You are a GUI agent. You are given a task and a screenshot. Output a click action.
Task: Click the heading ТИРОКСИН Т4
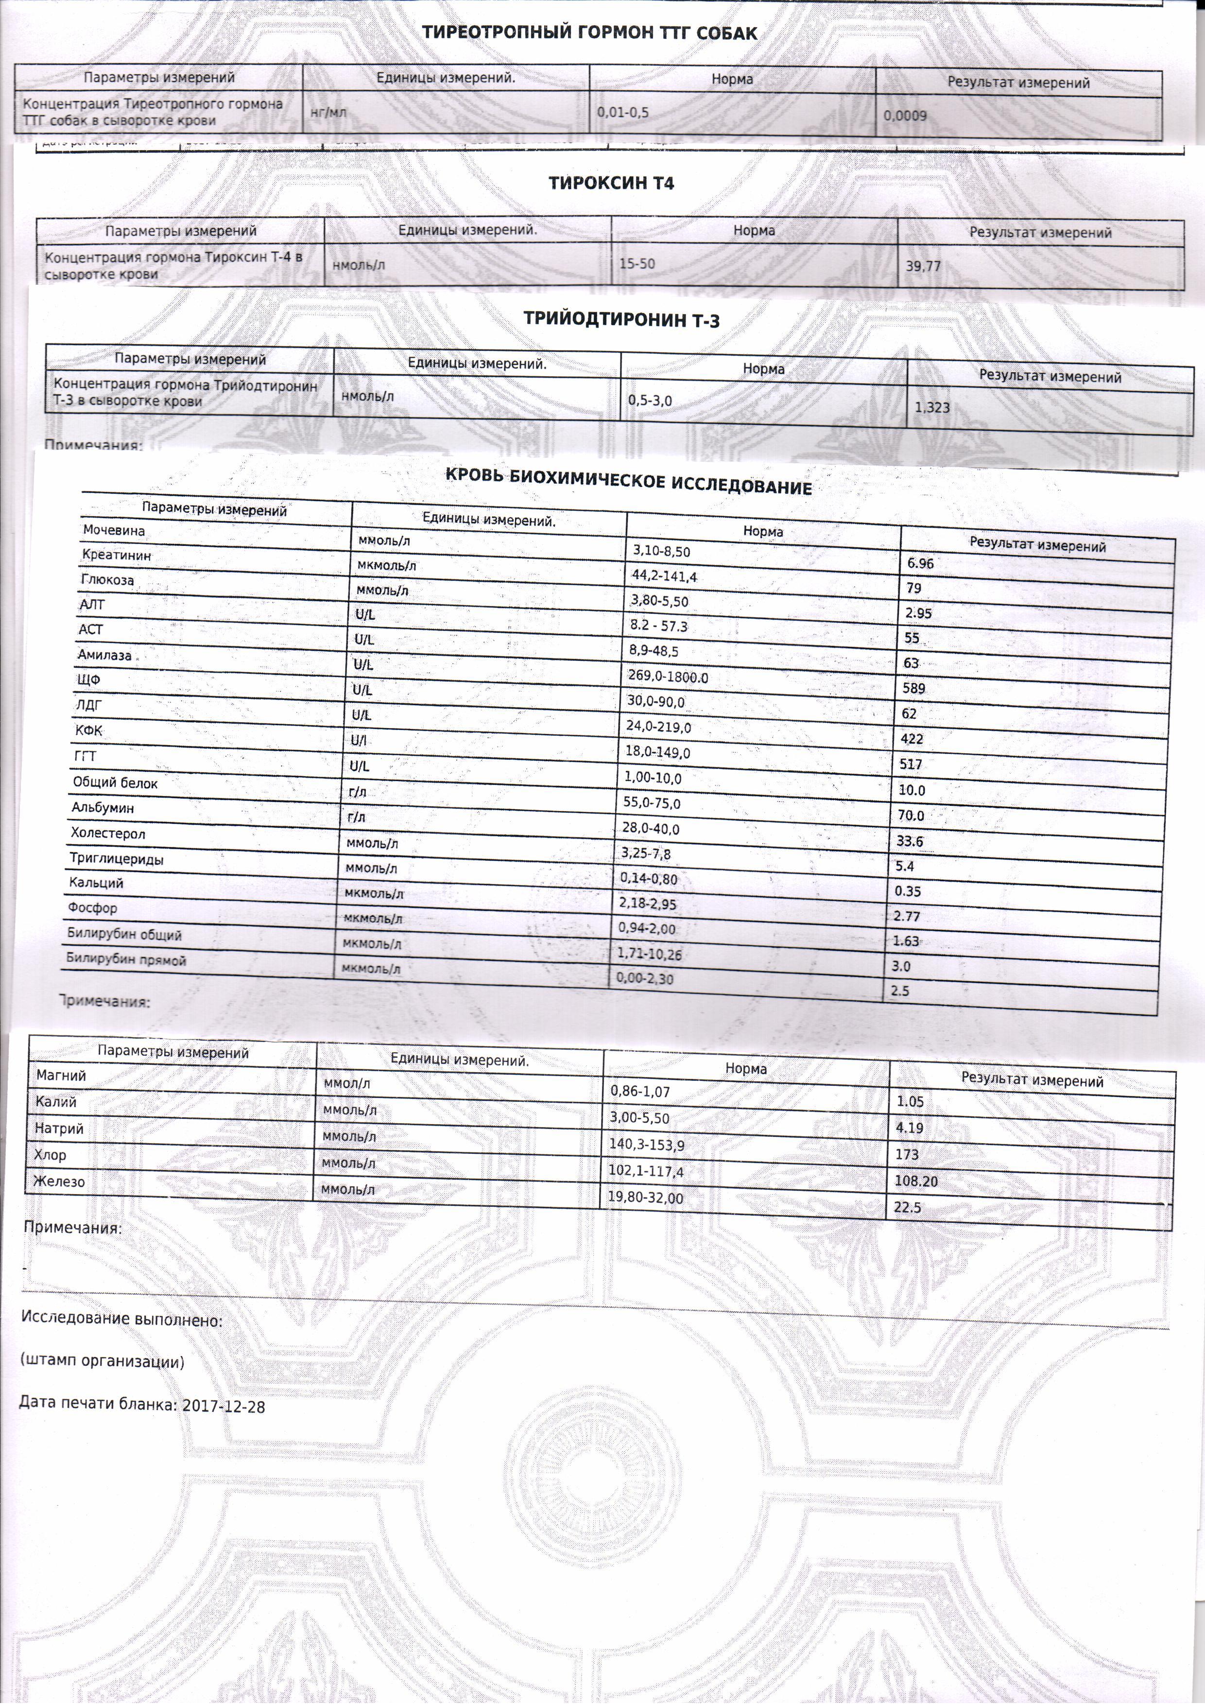coord(611,183)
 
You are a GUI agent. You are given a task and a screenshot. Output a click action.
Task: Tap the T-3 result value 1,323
coord(932,407)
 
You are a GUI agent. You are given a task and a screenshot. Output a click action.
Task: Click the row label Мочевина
coord(114,531)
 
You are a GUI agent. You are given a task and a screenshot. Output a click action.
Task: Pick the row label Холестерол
coord(108,833)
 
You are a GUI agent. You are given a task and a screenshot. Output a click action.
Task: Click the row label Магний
coord(61,1075)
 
